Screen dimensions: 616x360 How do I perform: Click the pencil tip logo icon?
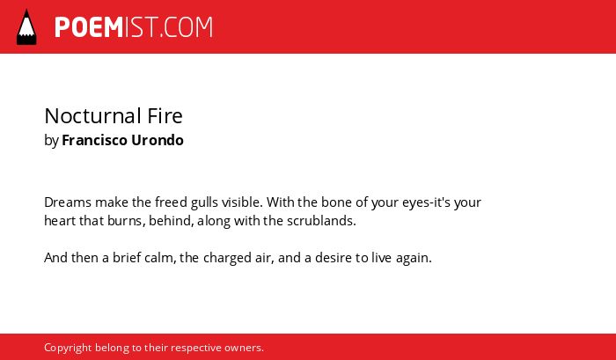tap(26, 26)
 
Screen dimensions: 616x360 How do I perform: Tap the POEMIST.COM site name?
tap(134, 27)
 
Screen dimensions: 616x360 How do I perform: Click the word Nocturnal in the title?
tap(92, 116)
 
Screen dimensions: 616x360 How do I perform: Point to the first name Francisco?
tap(95, 140)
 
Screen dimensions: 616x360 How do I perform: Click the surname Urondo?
tap(158, 140)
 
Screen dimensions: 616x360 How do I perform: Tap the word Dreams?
tap(68, 202)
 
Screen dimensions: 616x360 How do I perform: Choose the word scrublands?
tap(321, 221)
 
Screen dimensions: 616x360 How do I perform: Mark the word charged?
tap(227, 258)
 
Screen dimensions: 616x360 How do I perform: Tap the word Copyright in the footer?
tap(68, 349)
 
